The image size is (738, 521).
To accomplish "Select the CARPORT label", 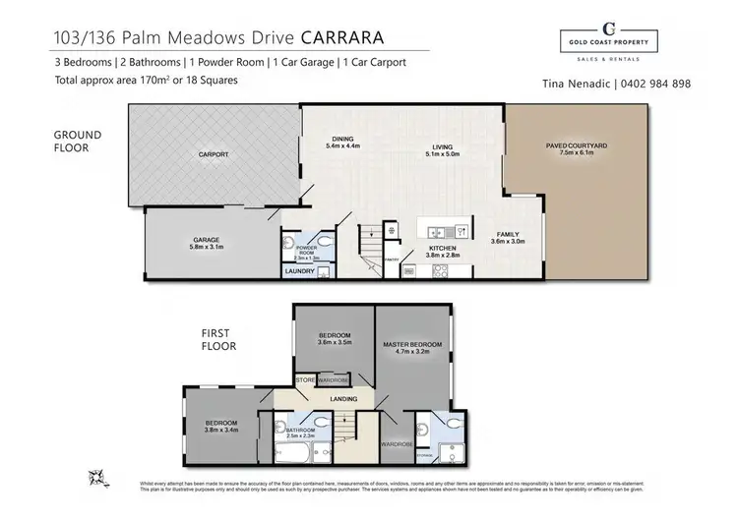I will click(214, 154).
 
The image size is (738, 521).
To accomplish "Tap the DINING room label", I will click(343, 141).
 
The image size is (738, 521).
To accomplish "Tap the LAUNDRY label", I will click(299, 271).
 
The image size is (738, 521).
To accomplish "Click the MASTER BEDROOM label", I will click(413, 343).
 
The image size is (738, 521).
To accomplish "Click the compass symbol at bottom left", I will click(98, 477).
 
